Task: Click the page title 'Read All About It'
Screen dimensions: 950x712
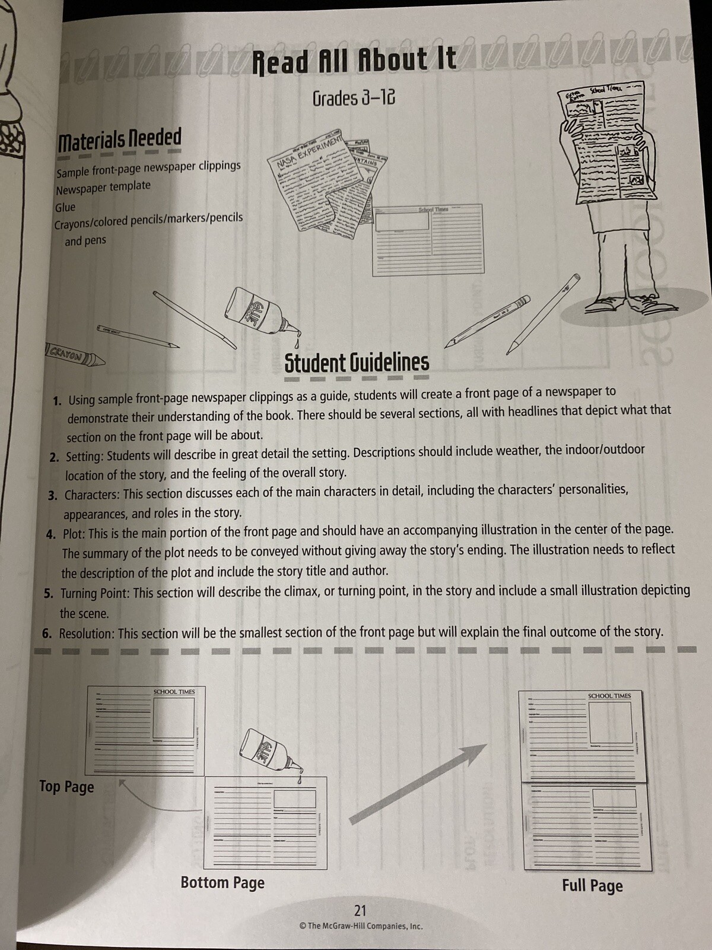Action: coord(354,61)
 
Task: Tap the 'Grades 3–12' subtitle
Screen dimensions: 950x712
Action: coord(354,98)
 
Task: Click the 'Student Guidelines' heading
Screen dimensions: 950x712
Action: coord(357,363)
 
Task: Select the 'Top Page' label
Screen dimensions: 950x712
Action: coord(66,787)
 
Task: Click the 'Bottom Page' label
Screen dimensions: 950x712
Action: coord(223,883)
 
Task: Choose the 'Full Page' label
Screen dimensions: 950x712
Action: coord(592,886)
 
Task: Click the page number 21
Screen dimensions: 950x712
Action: coord(360,910)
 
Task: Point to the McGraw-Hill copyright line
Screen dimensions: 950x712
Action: coord(361,926)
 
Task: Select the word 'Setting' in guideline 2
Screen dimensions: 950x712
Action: coord(84,457)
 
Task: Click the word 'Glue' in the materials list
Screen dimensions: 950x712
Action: coord(65,207)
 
